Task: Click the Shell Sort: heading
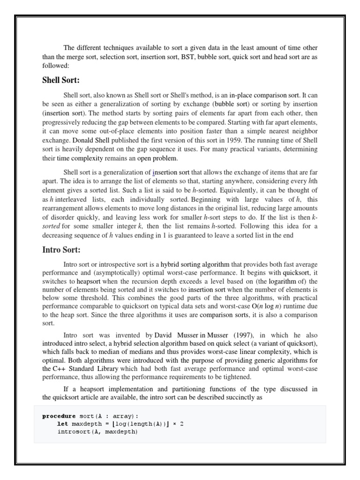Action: click(61, 80)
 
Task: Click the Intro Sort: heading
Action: click(61, 249)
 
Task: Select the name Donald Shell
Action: click(90, 140)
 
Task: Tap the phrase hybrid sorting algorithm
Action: click(192, 264)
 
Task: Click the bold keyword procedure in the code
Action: click(58, 415)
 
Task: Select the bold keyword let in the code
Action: click(62, 423)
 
